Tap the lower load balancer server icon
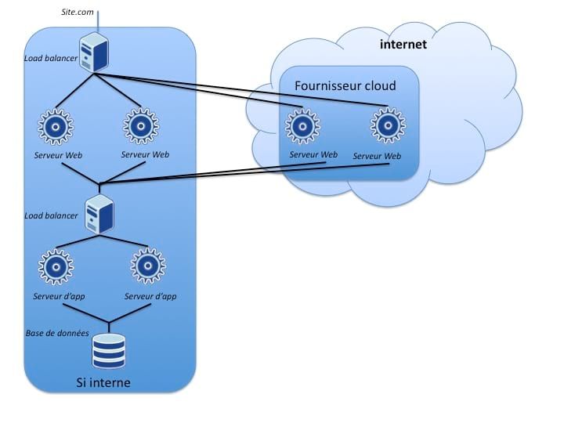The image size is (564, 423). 100,214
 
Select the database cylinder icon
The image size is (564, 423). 109,351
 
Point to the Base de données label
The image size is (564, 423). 57,332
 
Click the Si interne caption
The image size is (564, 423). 103,383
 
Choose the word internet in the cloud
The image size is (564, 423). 403,45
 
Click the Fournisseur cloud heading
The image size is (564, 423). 345,86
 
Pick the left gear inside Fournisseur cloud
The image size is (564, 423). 301,126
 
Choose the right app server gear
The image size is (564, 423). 147,266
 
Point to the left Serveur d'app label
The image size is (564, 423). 60,297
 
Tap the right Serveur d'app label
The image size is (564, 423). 150,297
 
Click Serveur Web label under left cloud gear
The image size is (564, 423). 313,154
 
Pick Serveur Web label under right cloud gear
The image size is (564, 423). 377,156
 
